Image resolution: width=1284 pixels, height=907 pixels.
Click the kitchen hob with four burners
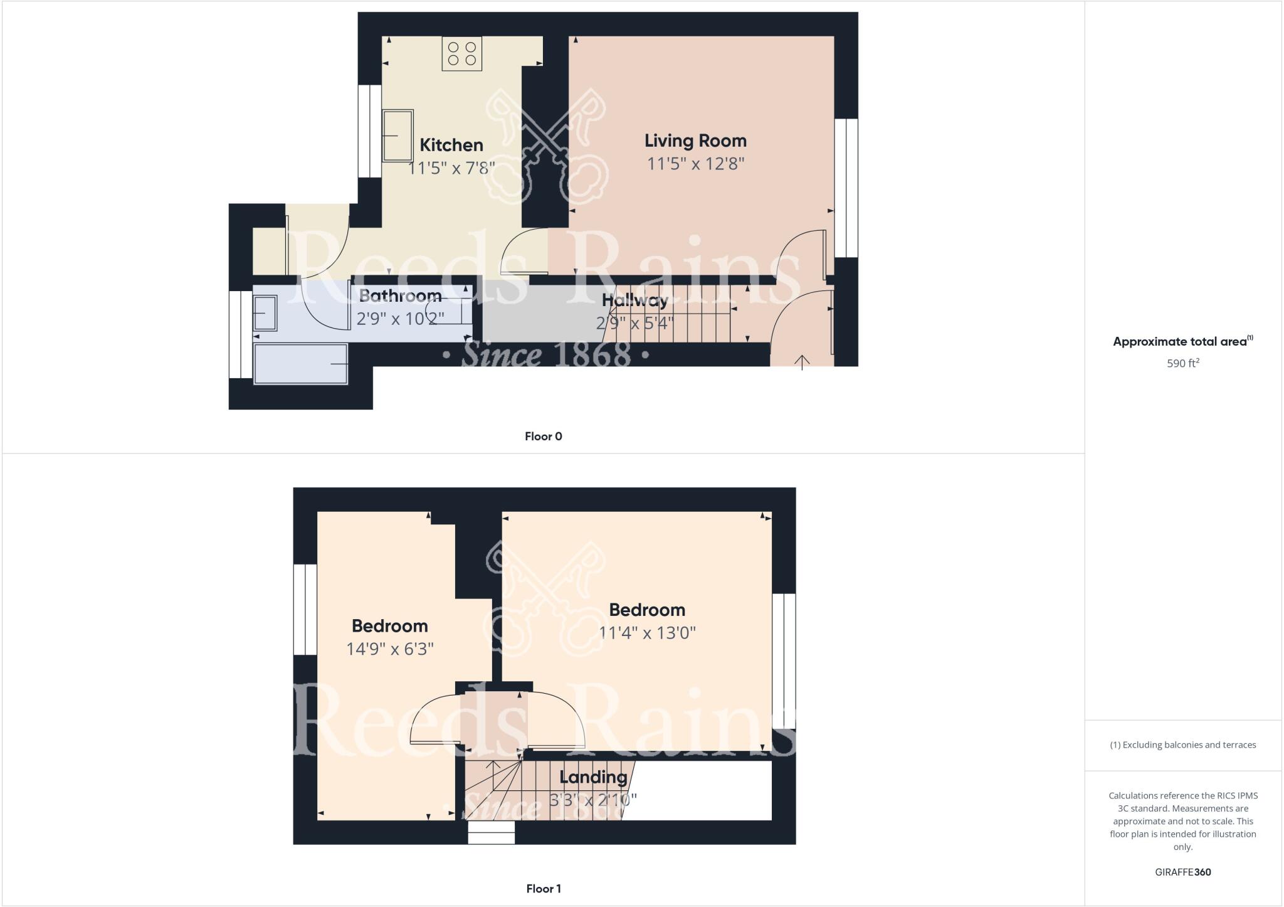click(462, 53)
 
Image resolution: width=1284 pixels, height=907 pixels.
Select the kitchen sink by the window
click(397, 135)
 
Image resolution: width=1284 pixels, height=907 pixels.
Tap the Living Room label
click(695, 141)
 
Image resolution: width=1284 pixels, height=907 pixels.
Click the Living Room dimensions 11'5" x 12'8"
click(695, 164)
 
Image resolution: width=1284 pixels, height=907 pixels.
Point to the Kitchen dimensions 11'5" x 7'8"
click(451, 168)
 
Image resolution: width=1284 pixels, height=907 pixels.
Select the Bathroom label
click(400, 295)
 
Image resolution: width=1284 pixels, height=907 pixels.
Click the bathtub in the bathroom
click(301, 364)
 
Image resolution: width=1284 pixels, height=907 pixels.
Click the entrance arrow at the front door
click(802, 362)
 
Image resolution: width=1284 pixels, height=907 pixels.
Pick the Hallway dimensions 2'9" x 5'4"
click(634, 323)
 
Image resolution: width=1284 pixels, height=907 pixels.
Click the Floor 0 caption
click(543, 437)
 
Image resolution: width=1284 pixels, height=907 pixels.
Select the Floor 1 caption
click(543, 888)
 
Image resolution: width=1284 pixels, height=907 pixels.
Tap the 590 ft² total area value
click(1182, 363)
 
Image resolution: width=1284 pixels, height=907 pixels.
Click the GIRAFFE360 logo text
click(1182, 872)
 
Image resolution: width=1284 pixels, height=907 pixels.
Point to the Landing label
click(593, 777)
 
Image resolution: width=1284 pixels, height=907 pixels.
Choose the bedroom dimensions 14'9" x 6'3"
click(390, 649)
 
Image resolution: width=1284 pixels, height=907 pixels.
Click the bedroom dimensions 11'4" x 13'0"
click(647, 632)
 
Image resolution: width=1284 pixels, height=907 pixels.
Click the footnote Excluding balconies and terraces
click(1182, 745)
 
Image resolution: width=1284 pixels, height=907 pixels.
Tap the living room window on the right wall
click(846, 188)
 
